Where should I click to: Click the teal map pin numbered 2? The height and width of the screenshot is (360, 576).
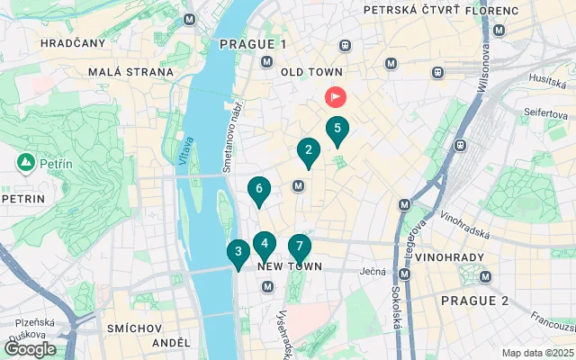pyautogui.click(x=309, y=151)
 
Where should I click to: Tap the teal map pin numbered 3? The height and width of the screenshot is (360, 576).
pyautogui.click(x=238, y=252)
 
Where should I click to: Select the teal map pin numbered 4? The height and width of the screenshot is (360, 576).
pyautogui.click(x=264, y=243)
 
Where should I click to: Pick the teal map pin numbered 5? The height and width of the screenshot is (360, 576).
pyautogui.click(x=337, y=129)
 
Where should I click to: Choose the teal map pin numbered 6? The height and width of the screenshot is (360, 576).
pyautogui.click(x=259, y=189)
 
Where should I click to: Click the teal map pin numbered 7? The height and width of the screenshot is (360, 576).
pyautogui.click(x=299, y=247)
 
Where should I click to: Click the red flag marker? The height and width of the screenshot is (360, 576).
pyautogui.click(x=334, y=95)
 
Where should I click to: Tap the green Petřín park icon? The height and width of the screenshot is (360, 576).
pyautogui.click(x=25, y=163)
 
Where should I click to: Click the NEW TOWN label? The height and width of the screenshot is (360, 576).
pyautogui.click(x=290, y=267)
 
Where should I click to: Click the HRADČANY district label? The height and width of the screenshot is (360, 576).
pyautogui.click(x=73, y=42)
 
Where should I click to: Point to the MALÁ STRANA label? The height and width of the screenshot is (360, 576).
pyautogui.click(x=130, y=72)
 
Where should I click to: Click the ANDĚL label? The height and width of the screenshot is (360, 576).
pyautogui.click(x=171, y=343)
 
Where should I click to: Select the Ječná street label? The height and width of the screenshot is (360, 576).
pyautogui.click(x=373, y=270)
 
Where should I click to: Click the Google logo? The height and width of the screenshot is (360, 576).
pyautogui.click(x=30, y=349)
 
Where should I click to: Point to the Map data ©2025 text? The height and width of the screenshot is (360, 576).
pyautogui.click(x=536, y=353)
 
